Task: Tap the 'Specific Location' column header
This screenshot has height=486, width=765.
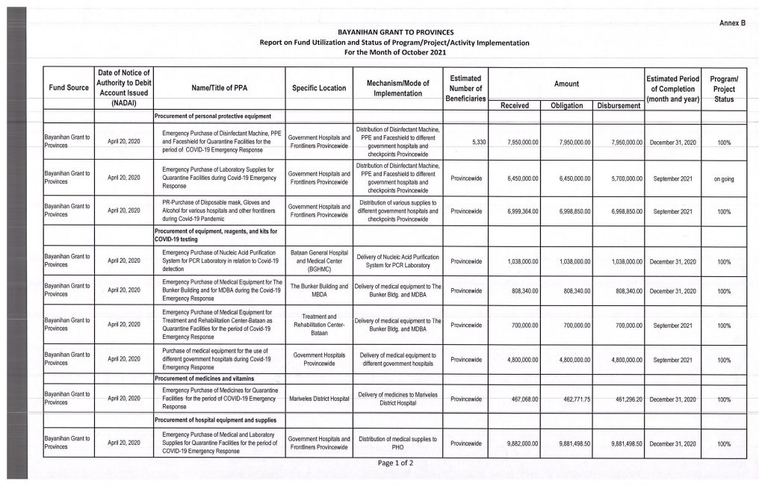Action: (x=319, y=88)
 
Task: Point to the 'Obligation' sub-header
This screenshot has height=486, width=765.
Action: (x=566, y=106)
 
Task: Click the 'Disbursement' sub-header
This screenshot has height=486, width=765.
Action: (x=618, y=106)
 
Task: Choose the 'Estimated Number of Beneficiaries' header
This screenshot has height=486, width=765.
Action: (x=465, y=88)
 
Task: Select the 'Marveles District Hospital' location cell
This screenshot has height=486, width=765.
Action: (x=319, y=400)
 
